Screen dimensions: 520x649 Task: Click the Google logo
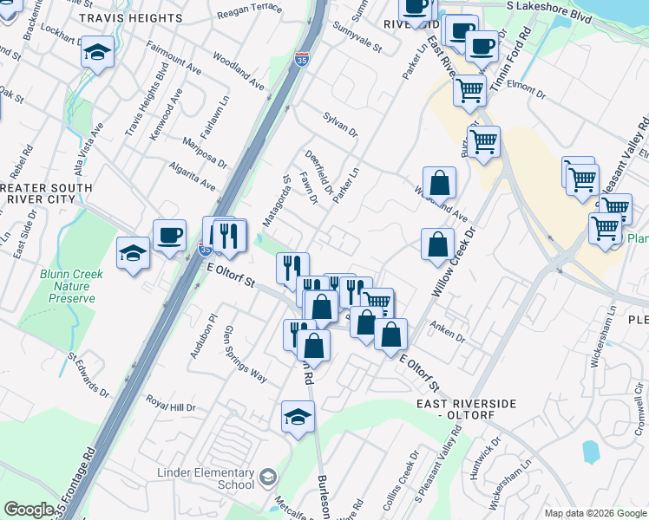(29, 510)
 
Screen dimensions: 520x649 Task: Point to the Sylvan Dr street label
(340, 124)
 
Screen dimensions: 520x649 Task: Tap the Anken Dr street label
(448, 332)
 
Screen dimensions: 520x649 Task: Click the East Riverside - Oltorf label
(466, 410)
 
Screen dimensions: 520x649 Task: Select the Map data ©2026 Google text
(595, 513)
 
